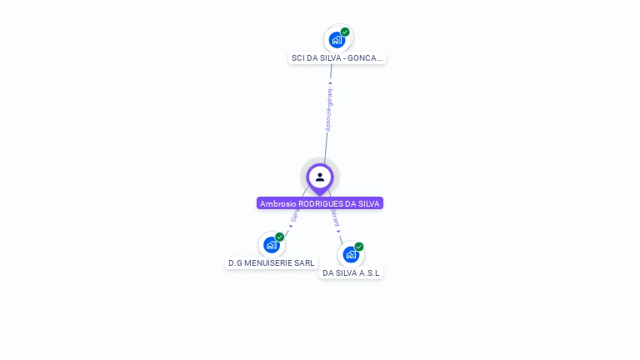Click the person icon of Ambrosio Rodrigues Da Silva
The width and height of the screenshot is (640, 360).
click(320, 177)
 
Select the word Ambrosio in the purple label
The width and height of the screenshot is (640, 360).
click(278, 203)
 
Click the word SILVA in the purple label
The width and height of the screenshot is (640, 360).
click(367, 203)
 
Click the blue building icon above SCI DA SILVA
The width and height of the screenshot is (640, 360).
click(337, 39)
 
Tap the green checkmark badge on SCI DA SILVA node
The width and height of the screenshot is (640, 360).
click(345, 32)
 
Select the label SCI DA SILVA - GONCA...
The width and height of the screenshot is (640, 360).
click(337, 58)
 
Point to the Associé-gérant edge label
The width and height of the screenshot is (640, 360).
click(329, 109)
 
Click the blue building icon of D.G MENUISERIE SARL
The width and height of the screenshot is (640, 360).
click(271, 245)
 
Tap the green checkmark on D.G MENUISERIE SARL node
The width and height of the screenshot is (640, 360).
click(280, 237)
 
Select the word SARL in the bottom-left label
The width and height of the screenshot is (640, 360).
click(305, 263)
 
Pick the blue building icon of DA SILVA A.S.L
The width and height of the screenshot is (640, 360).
click(350, 254)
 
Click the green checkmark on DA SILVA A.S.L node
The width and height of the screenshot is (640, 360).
click(359, 247)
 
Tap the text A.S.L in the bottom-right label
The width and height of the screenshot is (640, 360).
click(371, 272)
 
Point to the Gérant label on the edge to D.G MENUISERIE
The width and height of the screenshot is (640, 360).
click(294, 217)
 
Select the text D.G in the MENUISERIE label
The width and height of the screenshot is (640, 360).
click(236, 263)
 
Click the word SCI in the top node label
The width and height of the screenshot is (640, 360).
click(298, 58)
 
